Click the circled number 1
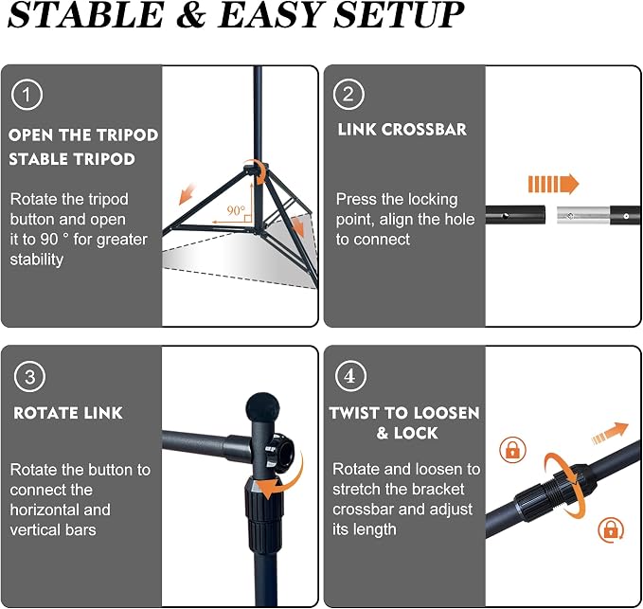(27, 95)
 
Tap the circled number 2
(348, 95)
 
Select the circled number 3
(29, 376)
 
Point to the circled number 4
(350, 376)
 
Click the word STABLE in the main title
(86, 15)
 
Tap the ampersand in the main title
(191, 15)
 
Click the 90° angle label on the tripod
(236, 210)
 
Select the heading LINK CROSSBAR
(402, 129)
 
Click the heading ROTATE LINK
(68, 413)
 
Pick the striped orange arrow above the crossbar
(553, 184)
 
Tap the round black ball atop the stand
(263, 409)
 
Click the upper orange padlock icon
(512, 450)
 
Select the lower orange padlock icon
(611, 529)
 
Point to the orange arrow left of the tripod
(187, 194)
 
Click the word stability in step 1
(37, 260)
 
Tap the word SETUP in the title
(399, 15)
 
